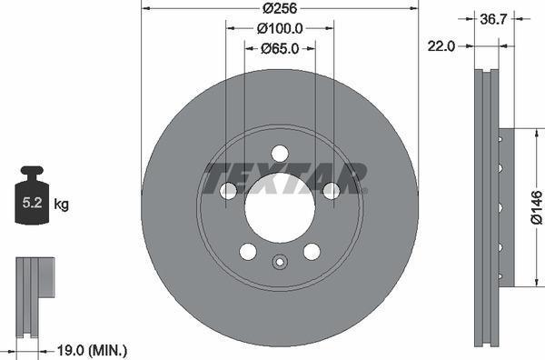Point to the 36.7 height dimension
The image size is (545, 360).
493,17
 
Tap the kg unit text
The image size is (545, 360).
61,205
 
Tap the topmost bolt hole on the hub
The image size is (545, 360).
280,153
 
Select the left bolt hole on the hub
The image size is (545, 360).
228,190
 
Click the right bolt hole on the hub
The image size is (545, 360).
332,190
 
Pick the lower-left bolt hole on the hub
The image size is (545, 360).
248,251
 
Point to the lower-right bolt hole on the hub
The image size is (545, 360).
312,251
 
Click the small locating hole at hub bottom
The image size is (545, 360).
280,265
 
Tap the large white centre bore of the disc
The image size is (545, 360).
280,207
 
